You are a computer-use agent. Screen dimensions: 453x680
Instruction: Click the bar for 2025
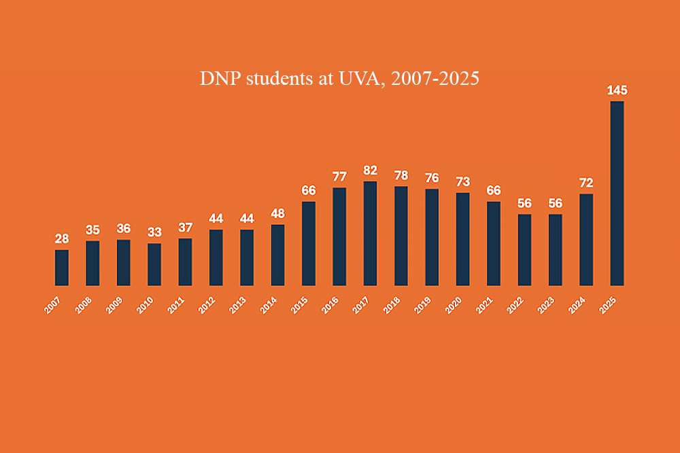tap(617, 194)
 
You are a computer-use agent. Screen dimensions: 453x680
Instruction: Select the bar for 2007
tap(62, 268)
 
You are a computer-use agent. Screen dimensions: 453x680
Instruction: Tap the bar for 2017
tap(370, 234)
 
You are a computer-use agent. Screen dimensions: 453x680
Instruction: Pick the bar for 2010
tap(154, 264)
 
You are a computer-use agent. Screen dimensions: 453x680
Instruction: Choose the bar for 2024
tap(586, 240)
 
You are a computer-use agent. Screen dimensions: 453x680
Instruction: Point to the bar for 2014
tap(277, 255)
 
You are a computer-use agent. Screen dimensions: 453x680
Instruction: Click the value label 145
tap(617, 90)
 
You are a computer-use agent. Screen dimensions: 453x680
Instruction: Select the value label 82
tap(370, 170)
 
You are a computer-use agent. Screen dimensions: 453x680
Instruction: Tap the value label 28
tap(62, 239)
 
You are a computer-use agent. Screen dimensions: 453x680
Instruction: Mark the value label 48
tap(277, 214)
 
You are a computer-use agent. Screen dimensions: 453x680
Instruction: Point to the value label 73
tap(462, 182)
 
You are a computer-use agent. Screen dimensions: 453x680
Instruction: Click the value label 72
tap(586, 183)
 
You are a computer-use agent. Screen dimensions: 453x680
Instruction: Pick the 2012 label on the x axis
tap(207, 305)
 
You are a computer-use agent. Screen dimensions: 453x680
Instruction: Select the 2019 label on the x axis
tap(423, 305)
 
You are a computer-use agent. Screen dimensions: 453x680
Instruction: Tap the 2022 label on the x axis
tap(515, 305)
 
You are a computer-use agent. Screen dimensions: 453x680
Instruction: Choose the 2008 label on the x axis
tap(84, 305)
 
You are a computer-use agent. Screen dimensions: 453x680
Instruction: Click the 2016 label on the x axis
tap(330, 305)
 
